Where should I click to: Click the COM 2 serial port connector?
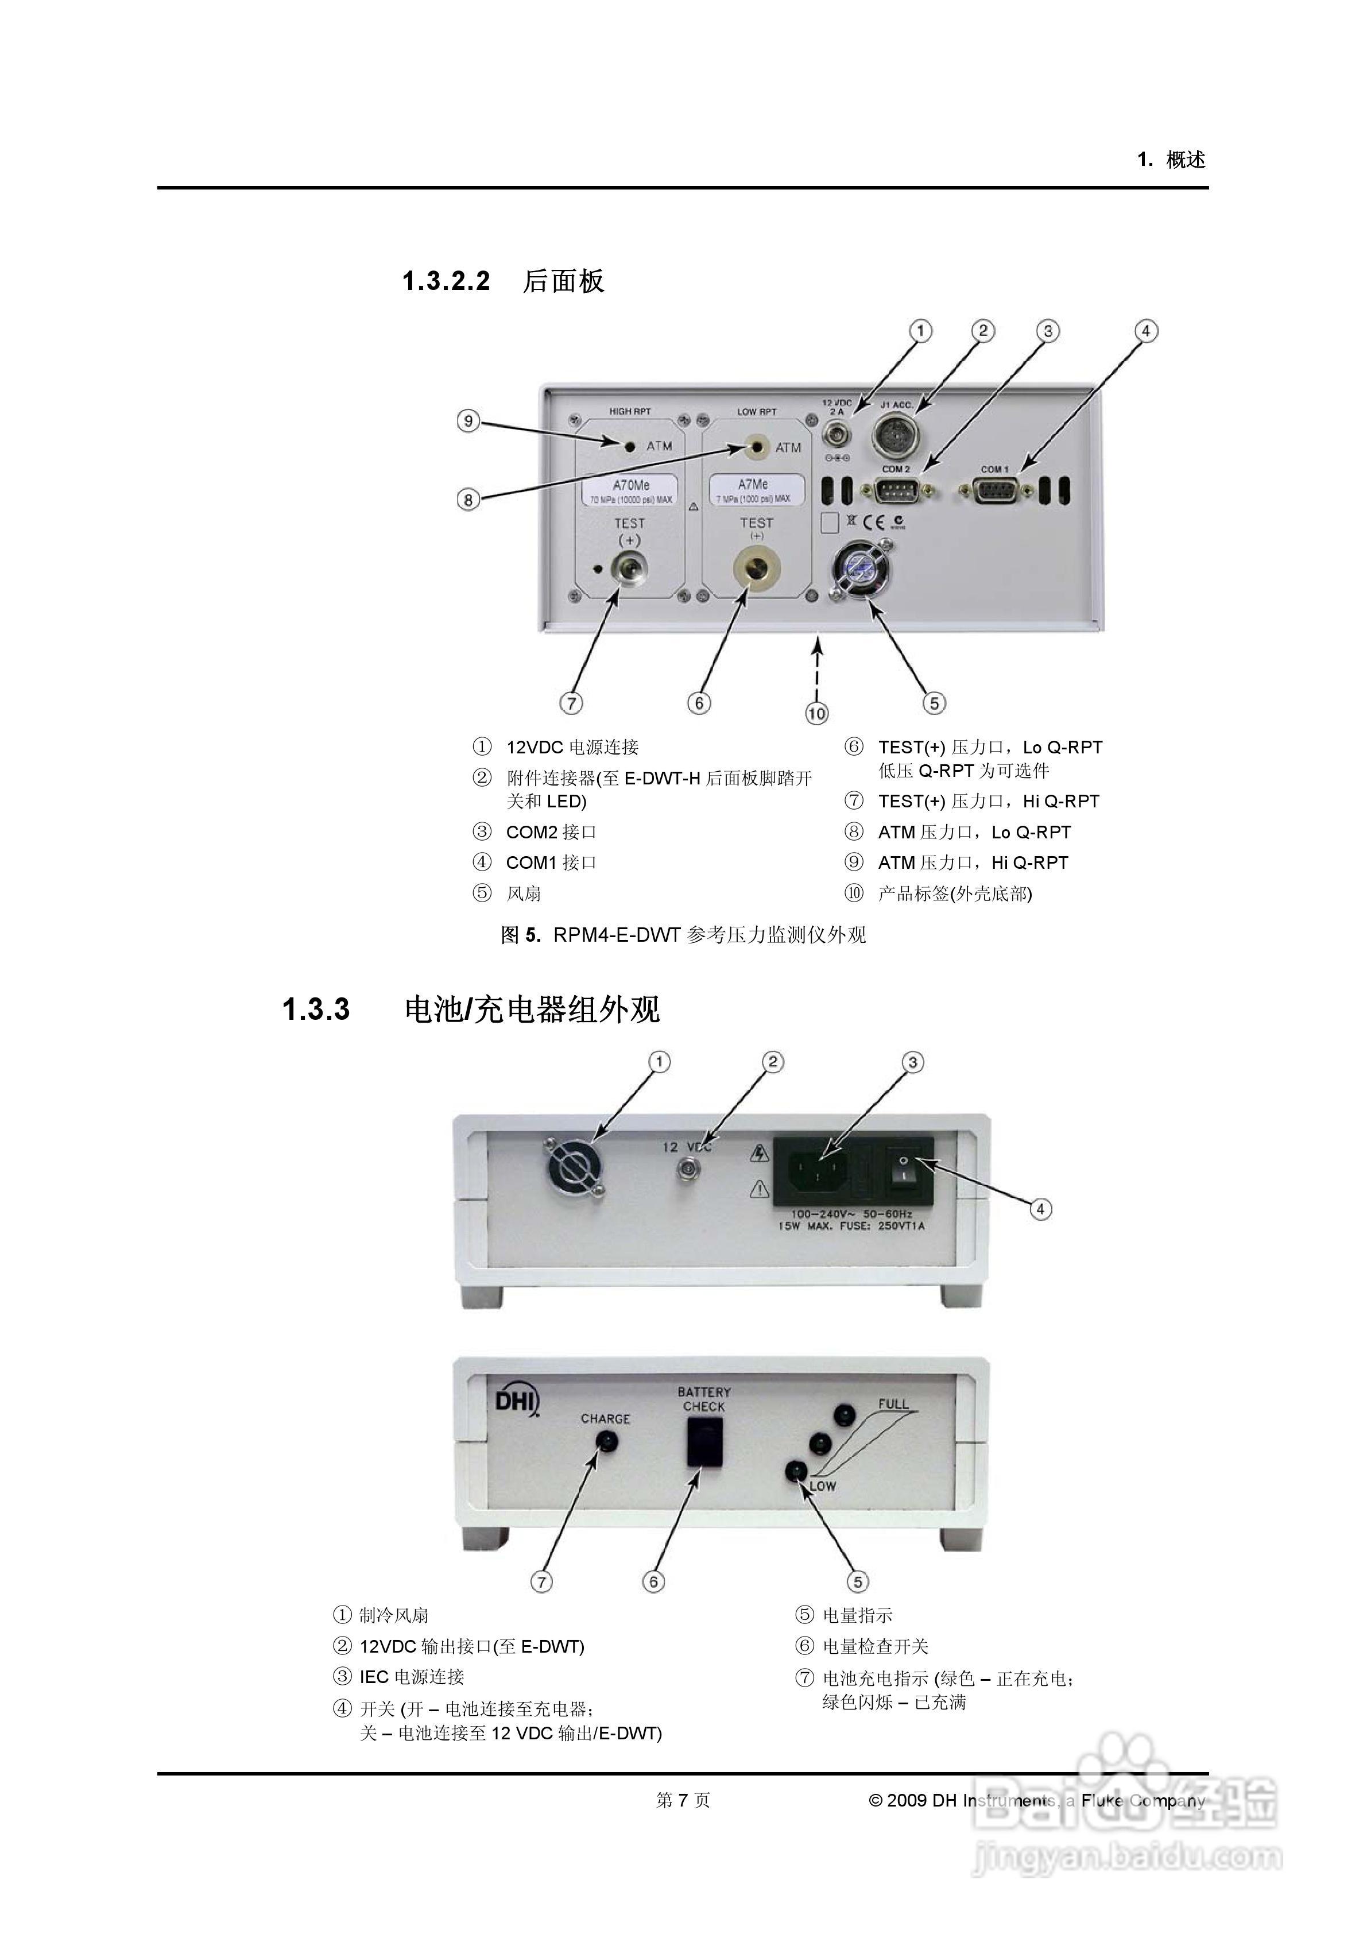(896, 490)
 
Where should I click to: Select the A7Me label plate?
(756, 489)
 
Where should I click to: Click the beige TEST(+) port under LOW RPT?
(756, 570)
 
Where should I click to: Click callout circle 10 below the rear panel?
(816, 713)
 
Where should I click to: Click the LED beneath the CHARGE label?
(605, 1441)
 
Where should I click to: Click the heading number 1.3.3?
(316, 1009)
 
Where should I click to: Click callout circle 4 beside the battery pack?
(1040, 1209)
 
